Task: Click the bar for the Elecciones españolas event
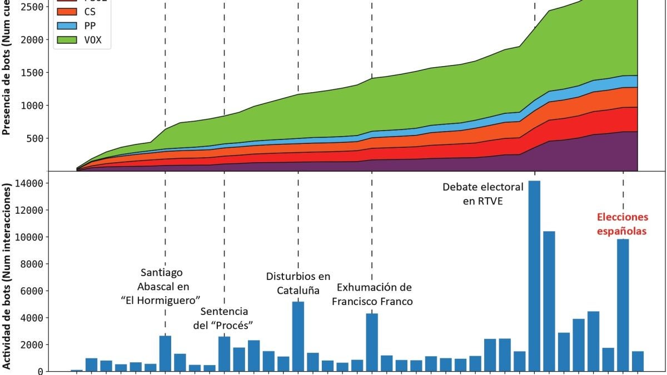point(623,305)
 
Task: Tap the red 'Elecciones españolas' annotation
point(622,224)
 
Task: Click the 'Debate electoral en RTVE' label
point(483,194)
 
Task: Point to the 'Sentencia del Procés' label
point(224,318)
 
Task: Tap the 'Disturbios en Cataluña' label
point(298,283)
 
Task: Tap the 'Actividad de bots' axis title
point(8,278)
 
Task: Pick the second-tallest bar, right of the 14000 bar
point(549,301)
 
